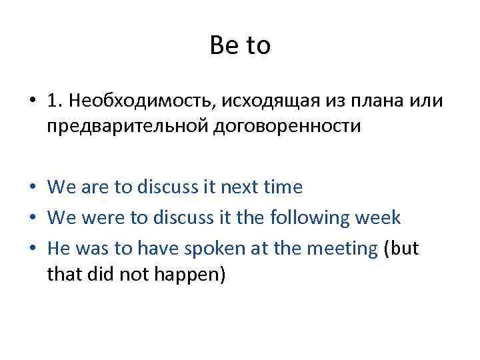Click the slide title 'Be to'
point(240,46)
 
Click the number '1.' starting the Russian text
point(56,101)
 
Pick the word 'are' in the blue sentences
point(95,188)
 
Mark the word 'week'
point(379,217)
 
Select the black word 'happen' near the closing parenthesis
point(189,274)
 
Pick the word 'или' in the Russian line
point(425,101)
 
